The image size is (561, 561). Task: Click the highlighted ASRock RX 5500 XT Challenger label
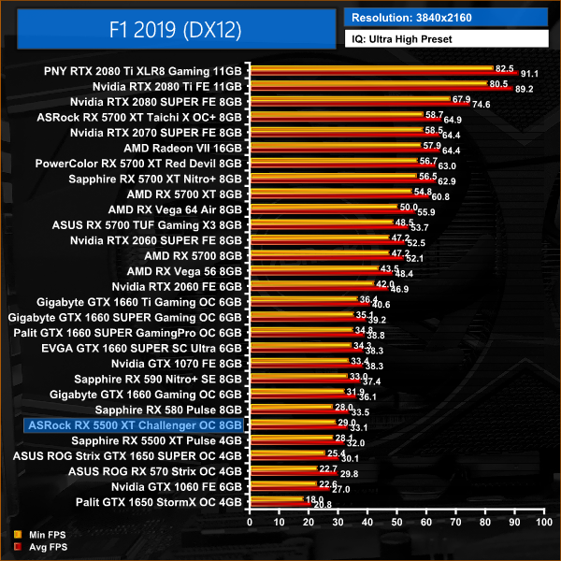pos(136,425)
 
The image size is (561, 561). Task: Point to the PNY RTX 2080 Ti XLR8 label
pos(142,70)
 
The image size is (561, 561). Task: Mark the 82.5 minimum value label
pos(505,68)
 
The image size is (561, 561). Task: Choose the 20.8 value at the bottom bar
pos(323,505)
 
